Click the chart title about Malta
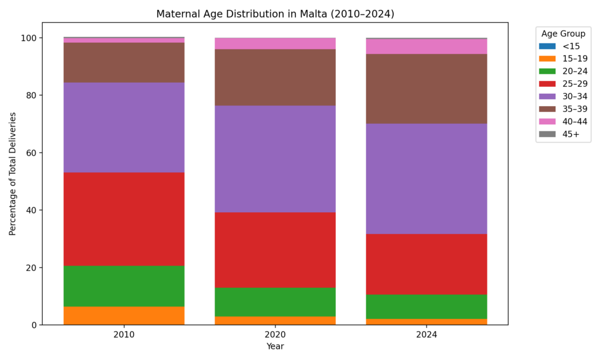click(x=275, y=13)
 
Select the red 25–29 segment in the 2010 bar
click(x=124, y=219)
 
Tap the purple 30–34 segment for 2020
click(x=275, y=159)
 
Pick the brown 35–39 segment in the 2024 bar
click(x=427, y=89)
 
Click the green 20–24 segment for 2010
click(x=124, y=286)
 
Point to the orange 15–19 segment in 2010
click(x=124, y=315)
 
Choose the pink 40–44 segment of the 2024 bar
click(x=427, y=46)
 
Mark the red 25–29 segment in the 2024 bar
click(x=427, y=264)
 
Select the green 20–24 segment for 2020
click(x=275, y=302)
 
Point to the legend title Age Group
click(x=562, y=33)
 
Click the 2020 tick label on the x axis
click(x=275, y=335)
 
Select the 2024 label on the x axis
click(x=427, y=335)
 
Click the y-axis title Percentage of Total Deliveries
click(x=13, y=174)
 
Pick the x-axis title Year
click(x=275, y=347)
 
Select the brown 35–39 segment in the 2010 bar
click(x=124, y=62)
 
